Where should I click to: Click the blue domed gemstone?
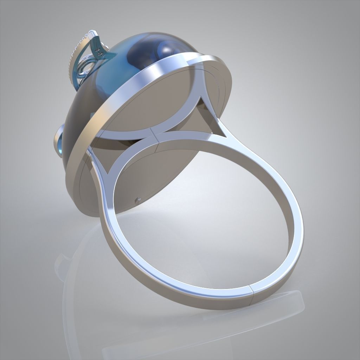pos(116,70)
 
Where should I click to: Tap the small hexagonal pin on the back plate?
pos(137,200)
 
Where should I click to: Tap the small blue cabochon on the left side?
pos(58,139)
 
